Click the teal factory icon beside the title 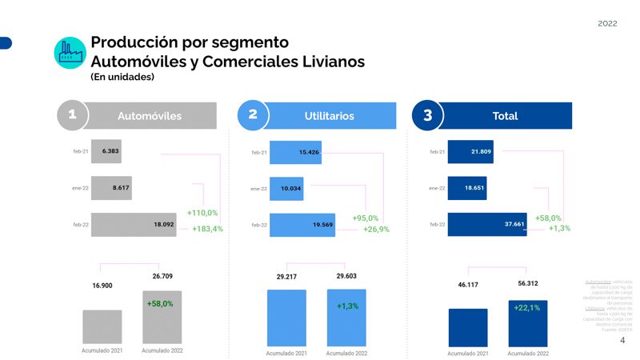coord(70,53)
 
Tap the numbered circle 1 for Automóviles coord(72,115)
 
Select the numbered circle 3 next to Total coord(428,115)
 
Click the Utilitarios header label coord(329,116)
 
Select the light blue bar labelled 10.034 coord(292,189)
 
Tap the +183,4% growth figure coord(208,229)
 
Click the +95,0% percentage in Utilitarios coord(366,217)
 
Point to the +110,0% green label coord(202,213)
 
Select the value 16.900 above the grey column coord(102,285)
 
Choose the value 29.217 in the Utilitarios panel coord(286,277)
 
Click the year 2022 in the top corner coord(607,23)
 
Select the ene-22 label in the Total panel coord(437,188)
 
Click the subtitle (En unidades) coord(122,78)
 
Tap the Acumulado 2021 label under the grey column coord(102,350)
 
